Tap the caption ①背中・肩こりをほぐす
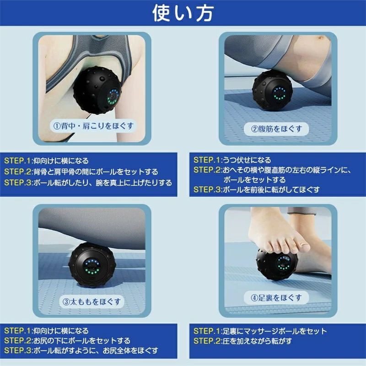point(93,125)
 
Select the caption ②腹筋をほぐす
point(276,129)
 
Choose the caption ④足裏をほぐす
point(276,297)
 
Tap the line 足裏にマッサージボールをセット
point(274,331)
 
